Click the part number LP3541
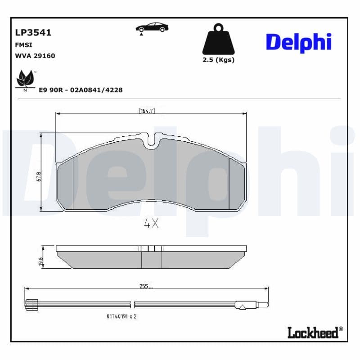(x=33, y=33)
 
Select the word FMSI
(x=23, y=45)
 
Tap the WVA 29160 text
(x=35, y=56)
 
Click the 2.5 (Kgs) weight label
(x=218, y=60)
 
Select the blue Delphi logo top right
(x=298, y=42)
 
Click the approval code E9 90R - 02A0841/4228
(x=81, y=90)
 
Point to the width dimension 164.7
(x=147, y=111)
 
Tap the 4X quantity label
(x=151, y=224)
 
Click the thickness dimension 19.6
(x=40, y=261)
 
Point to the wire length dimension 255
(x=144, y=286)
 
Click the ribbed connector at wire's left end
(x=30, y=305)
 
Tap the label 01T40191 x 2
(x=121, y=316)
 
